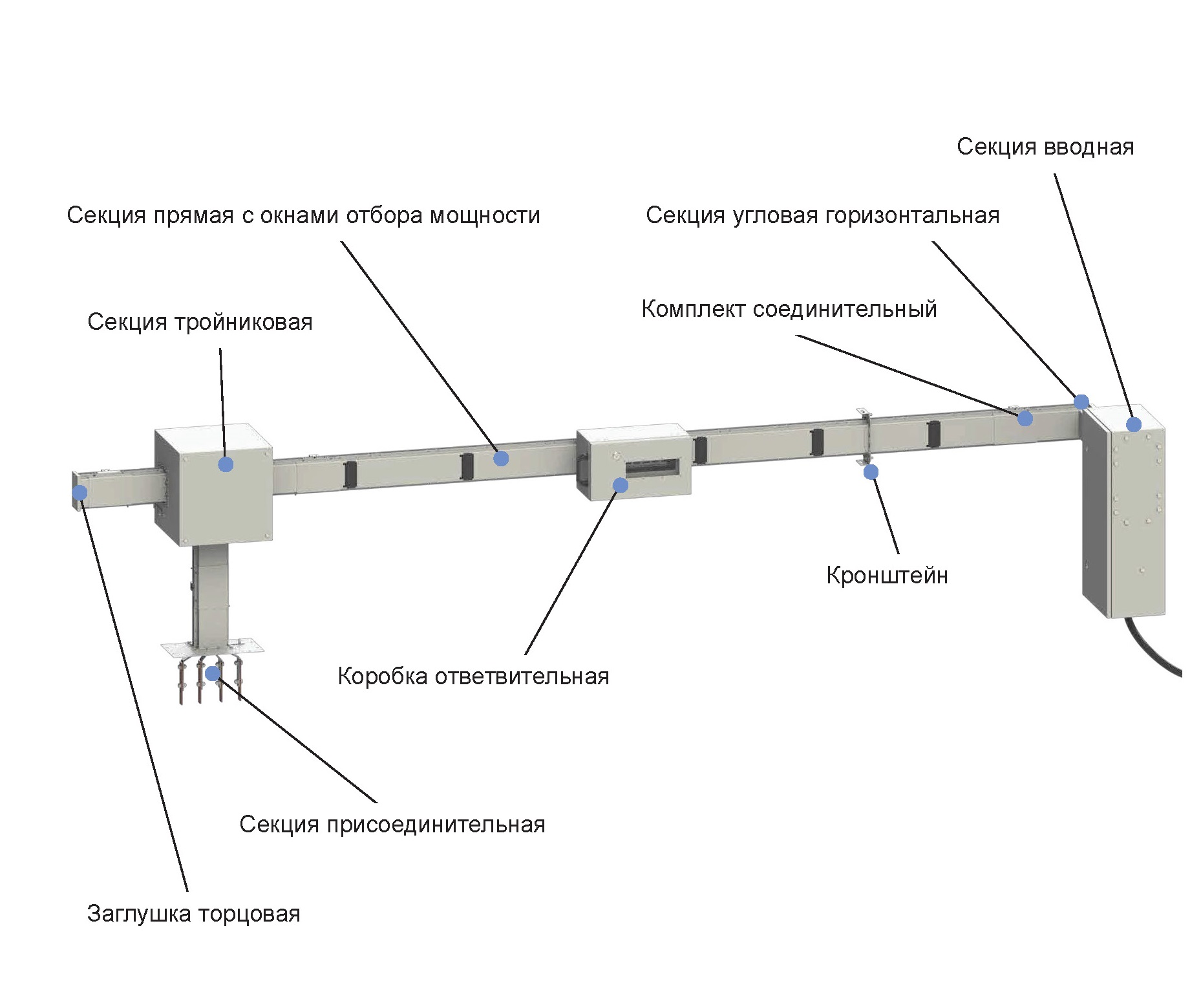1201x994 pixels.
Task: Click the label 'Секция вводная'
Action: [x=1045, y=147]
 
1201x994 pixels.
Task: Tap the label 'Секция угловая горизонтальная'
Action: [x=822, y=215]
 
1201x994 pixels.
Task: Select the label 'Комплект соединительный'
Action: [x=789, y=309]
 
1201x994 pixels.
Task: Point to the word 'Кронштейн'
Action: [x=887, y=575]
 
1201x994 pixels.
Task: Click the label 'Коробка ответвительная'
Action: [x=473, y=676]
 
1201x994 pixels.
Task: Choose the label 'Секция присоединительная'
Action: [x=392, y=825]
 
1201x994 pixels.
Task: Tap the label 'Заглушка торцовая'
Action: [x=193, y=914]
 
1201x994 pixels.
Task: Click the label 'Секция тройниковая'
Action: [x=200, y=322]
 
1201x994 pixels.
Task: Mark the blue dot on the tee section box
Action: [x=226, y=464]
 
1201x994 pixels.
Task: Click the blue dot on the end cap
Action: [x=80, y=493]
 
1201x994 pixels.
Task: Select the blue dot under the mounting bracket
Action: [x=871, y=472]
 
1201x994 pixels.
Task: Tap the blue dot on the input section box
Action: [x=1133, y=424]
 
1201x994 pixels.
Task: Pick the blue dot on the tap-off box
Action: [x=620, y=484]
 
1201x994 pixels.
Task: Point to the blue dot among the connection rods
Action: [x=213, y=674]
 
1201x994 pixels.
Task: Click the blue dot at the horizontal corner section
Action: [x=1081, y=402]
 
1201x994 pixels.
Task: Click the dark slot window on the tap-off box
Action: [x=652, y=468]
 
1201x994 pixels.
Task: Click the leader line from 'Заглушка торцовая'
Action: [x=136, y=698]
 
